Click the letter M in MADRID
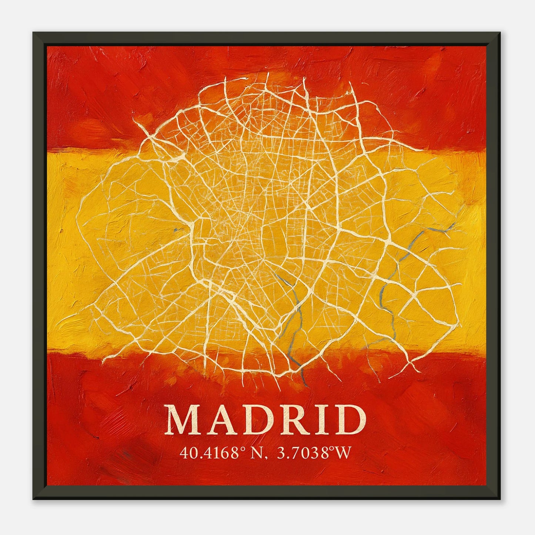point(184,421)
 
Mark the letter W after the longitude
point(341,453)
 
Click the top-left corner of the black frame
point(34,33)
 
